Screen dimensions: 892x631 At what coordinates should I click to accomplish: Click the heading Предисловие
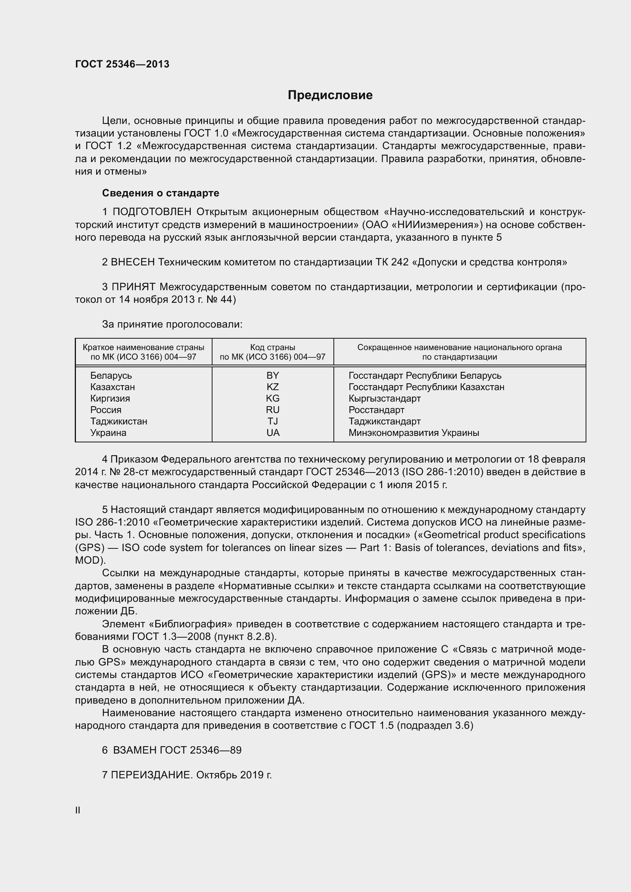330,95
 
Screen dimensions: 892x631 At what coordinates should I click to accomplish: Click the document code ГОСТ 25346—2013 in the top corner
122,64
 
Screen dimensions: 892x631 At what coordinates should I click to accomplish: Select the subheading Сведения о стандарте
161,193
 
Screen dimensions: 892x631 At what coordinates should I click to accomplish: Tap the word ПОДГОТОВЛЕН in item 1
152,212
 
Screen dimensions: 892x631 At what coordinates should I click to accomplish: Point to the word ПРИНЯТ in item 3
134,287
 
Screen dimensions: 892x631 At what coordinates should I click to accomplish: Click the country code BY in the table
273,376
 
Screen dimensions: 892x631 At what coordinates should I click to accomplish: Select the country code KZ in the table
273,387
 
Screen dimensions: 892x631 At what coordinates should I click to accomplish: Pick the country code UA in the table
273,433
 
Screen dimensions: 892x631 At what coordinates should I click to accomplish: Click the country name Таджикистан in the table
119,421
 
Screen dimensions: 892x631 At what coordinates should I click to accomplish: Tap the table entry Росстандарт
376,410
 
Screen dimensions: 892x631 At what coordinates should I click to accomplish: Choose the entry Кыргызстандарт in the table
384,399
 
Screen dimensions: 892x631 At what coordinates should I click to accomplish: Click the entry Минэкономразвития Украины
414,433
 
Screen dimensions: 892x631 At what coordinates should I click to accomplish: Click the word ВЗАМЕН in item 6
134,750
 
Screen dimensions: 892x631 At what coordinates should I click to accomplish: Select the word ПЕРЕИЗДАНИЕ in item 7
151,775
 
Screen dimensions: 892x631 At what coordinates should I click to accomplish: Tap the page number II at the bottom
78,810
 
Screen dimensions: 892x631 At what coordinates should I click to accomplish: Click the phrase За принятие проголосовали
172,324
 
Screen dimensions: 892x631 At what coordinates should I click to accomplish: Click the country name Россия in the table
106,410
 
